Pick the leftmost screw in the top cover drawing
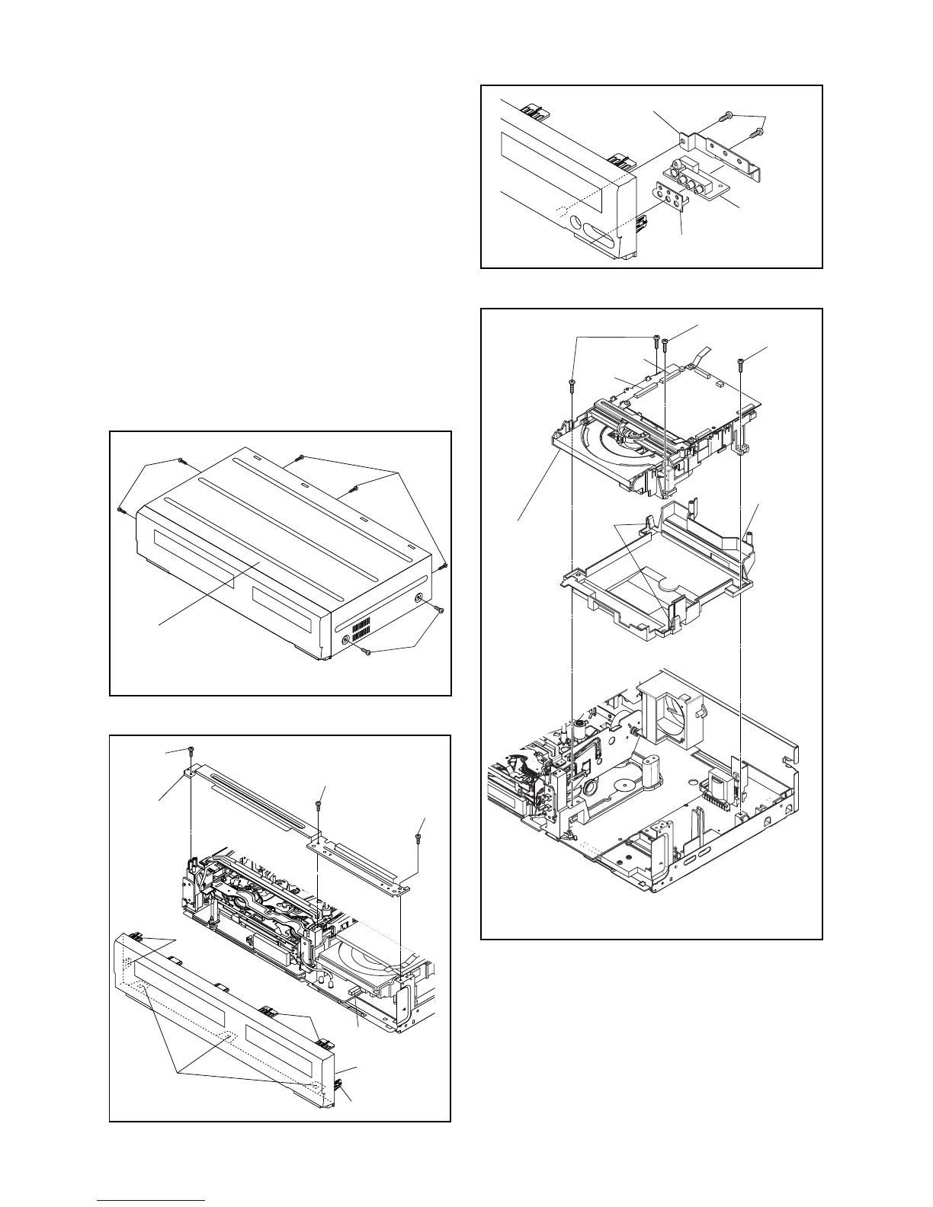(120, 510)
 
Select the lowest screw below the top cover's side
(368, 652)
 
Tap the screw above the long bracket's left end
(191, 751)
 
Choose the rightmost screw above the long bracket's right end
(419, 837)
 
